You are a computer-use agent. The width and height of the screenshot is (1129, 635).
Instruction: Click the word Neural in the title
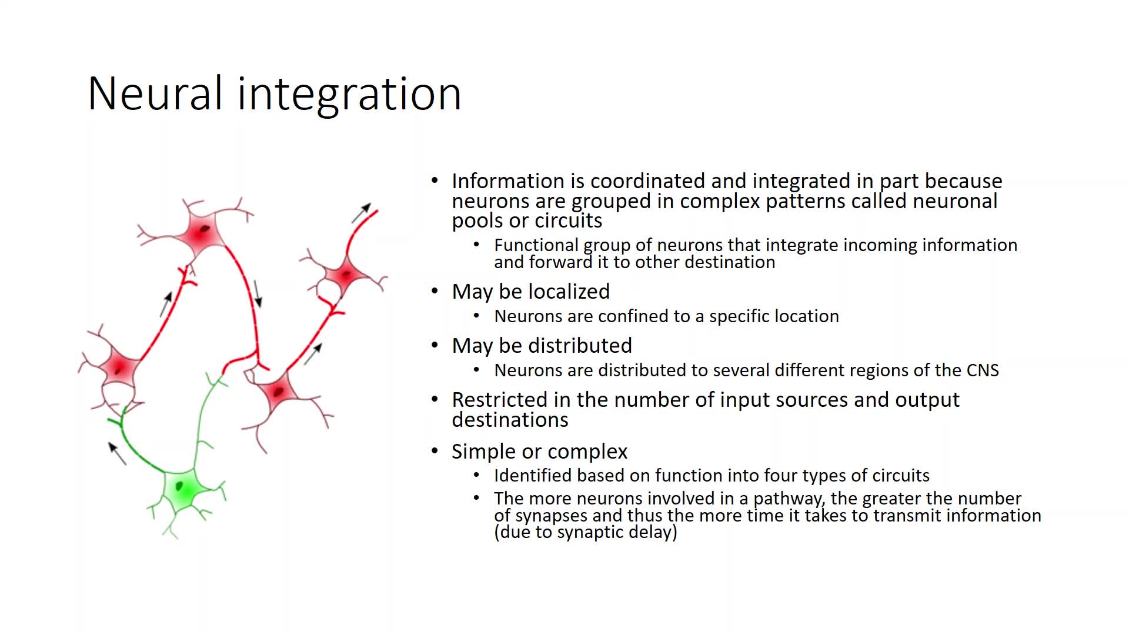(155, 93)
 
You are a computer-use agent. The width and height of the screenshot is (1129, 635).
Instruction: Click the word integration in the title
(349, 94)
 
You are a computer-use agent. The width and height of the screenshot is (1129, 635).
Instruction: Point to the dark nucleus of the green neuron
(180, 486)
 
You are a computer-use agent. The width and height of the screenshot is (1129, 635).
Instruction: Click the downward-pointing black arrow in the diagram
(257, 293)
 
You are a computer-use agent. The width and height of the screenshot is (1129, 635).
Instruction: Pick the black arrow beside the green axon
(118, 453)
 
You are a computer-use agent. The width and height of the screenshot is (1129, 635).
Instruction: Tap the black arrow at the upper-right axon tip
(361, 213)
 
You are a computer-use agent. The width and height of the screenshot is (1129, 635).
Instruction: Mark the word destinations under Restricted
(510, 420)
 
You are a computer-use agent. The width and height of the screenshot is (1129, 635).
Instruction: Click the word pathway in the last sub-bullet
(788, 499)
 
